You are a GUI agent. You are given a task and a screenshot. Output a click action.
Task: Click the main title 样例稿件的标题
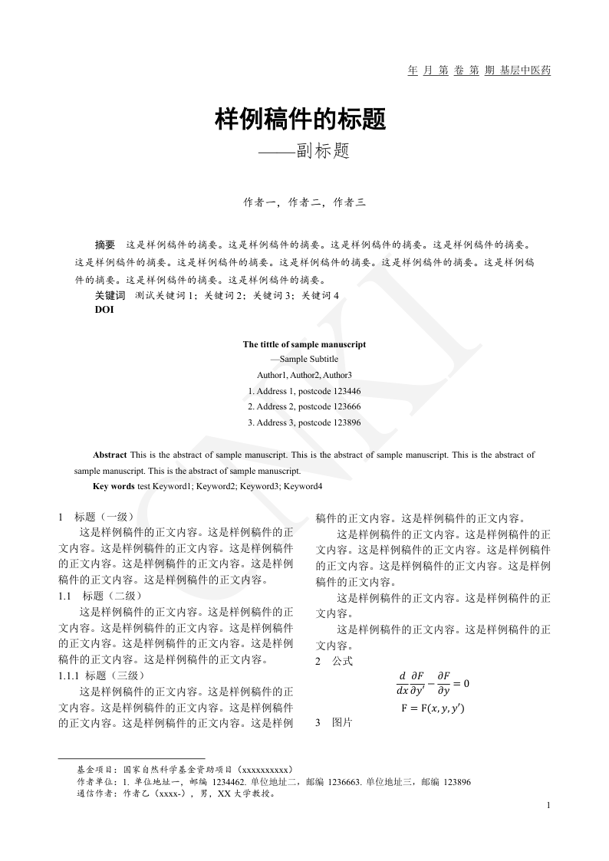[x=300, y=120]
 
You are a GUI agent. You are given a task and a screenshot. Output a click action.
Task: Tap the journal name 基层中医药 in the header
[x=525, y=71]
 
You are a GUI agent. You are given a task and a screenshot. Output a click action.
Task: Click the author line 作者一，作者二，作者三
[x=304, y=203]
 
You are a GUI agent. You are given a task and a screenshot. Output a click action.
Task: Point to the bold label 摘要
[x=104, y=245]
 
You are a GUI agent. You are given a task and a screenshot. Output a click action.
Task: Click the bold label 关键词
[x=110, y=295]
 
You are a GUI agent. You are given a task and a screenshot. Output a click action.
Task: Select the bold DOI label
[x=104, y=310]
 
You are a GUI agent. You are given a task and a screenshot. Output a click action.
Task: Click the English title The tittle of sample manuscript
[x=304, y=344]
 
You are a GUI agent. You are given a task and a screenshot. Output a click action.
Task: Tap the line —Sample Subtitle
[x=304, y=359]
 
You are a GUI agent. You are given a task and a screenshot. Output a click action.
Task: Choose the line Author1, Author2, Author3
[x=304, y=375]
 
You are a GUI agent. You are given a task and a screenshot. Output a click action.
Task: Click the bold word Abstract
[x=110, y=455]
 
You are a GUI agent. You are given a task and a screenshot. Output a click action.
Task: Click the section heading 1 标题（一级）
[x=97, y=517]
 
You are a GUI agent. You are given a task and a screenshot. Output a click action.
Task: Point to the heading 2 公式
[x=334, y=660]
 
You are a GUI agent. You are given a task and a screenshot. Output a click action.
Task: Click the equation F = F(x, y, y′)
[x=433, y=708]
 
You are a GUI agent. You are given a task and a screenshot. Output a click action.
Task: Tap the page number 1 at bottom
[x=549, y=805]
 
